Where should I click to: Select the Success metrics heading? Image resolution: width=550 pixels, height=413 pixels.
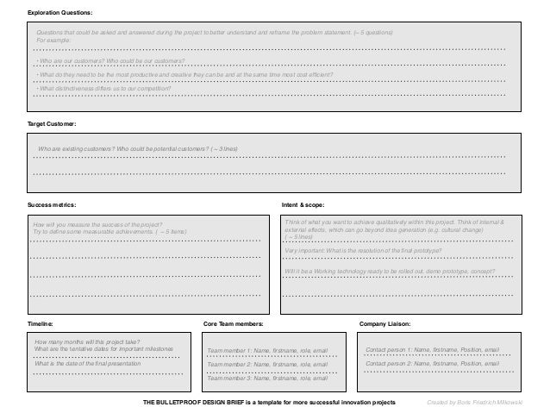pos(52,204)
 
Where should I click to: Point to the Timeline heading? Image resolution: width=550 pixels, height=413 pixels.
pos(40,323)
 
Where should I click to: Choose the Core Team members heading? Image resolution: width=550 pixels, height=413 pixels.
pos(234,323)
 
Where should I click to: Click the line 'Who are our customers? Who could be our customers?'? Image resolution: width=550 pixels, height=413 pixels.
pos(111,62)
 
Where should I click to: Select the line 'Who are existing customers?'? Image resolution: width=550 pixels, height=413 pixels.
pos(138,149)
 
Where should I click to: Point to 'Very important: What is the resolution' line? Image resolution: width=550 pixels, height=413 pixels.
pos(362,250)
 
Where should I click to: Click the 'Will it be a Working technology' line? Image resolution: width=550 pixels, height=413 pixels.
pos(378,271)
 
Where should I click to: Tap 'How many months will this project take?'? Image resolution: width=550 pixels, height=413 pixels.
pos(88,342)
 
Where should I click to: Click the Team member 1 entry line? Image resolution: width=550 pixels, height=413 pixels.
pos(268,351)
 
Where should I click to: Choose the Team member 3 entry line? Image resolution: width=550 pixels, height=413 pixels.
pos(268,378)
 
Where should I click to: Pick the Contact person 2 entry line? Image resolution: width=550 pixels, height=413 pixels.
pos(432,364)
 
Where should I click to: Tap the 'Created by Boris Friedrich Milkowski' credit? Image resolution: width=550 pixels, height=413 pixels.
pos(486,403)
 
